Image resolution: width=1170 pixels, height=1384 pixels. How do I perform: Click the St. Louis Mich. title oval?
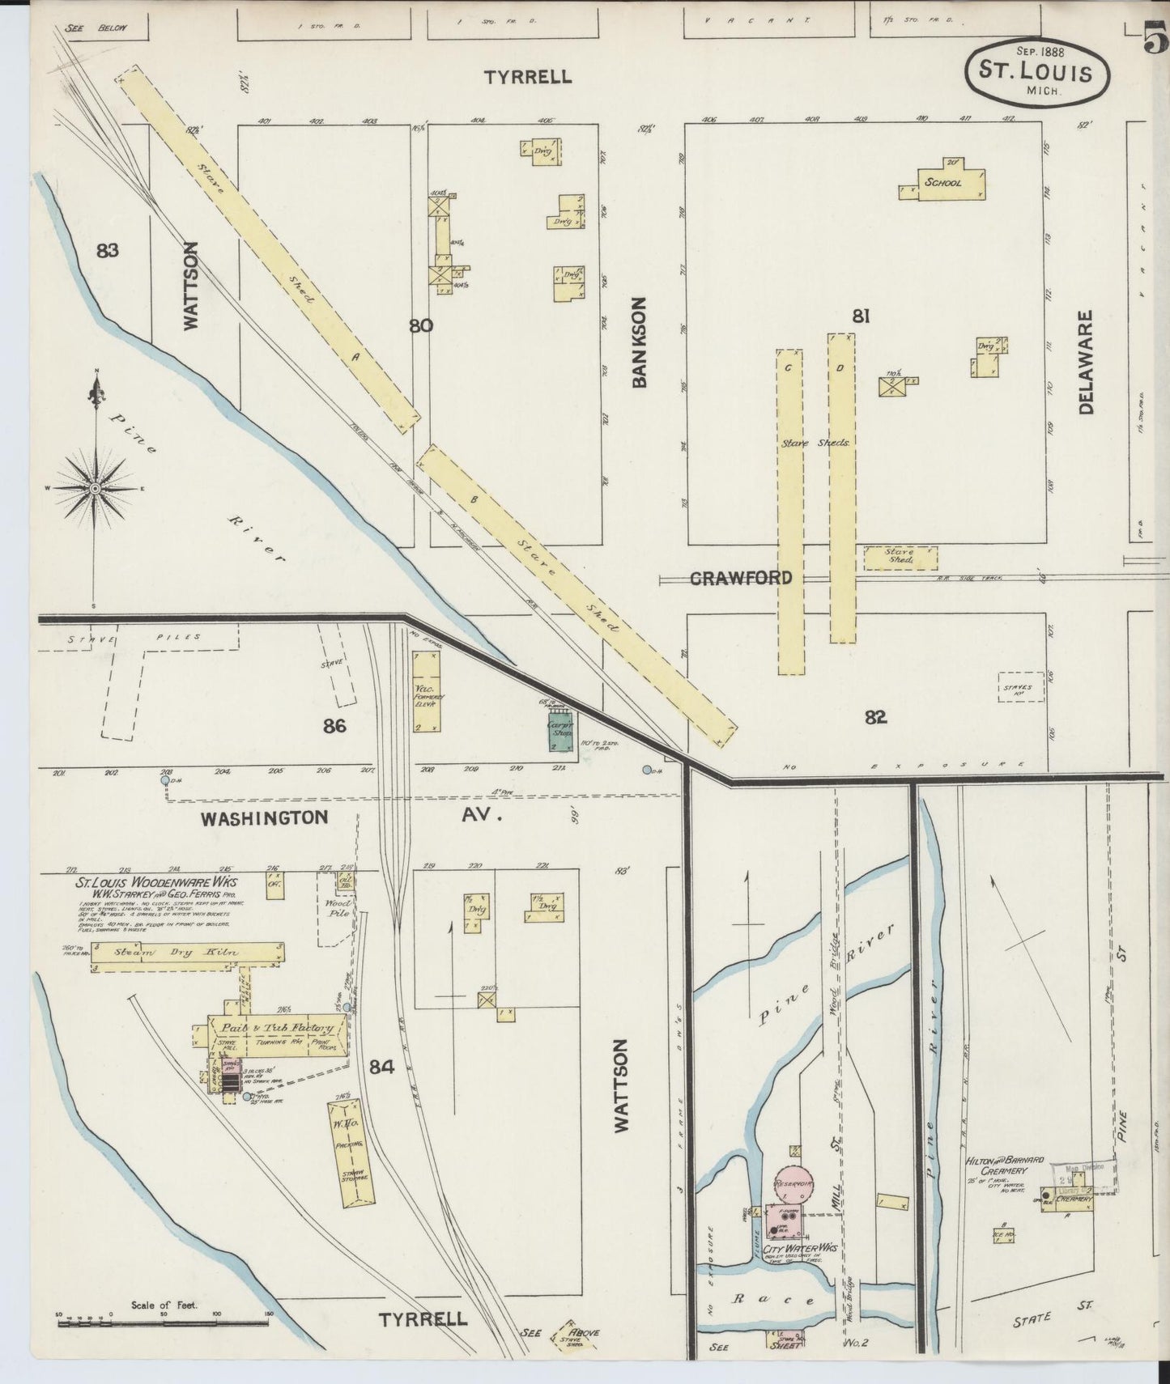1036,72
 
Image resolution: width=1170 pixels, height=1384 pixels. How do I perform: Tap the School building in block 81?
943,183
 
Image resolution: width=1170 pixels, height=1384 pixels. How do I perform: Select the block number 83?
107,250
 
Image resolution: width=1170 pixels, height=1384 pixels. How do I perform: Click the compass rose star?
96,489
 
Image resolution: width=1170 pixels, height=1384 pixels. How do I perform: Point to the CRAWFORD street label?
740,578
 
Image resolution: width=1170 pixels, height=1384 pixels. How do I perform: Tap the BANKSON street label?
640,342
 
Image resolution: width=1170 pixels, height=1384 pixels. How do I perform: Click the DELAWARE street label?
1085,362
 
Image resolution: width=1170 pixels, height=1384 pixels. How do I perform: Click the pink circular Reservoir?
793,1183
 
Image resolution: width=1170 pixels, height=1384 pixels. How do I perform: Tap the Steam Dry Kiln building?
187,953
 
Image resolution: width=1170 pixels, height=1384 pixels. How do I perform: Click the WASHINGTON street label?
265,817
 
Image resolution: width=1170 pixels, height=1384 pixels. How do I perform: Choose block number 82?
875,716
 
